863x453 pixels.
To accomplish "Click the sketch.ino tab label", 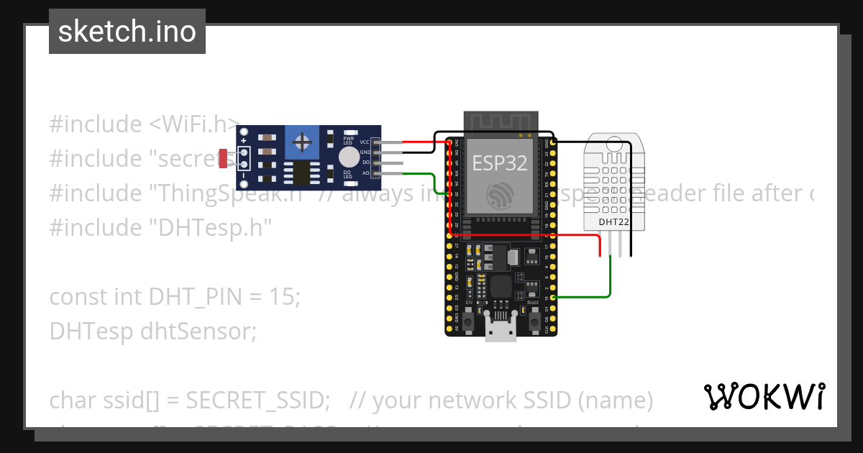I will [127, 32].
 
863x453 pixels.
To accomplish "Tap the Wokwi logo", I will [764, 396].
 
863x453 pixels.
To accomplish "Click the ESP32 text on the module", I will [499, 163].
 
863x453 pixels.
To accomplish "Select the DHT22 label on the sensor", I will [614, 222].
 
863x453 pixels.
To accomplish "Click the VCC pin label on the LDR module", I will [365, 142].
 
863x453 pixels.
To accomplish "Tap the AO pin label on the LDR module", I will [365, 173].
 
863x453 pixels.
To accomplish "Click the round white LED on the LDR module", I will [349, 157].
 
